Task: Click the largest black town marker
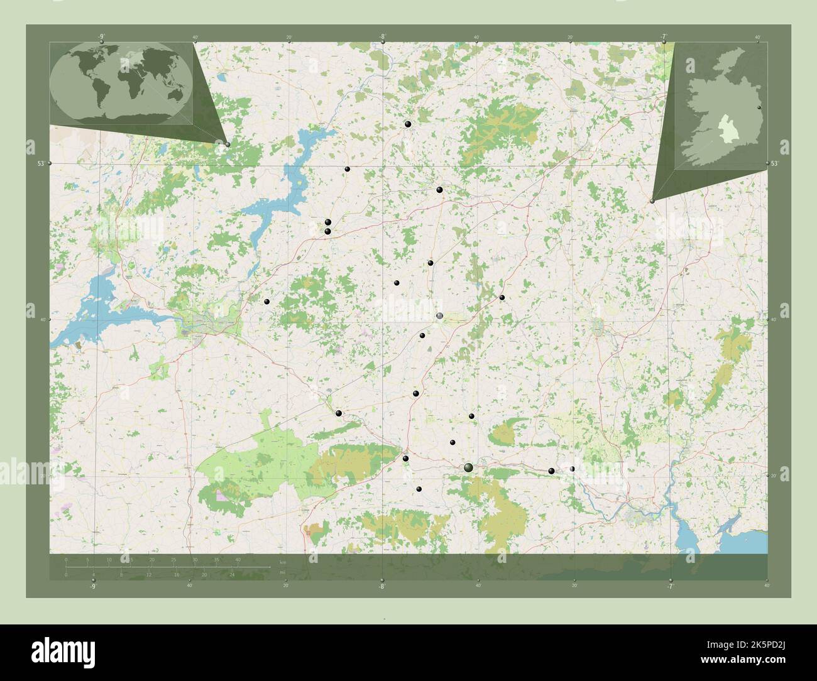pyautogui.click(x=468, y=467)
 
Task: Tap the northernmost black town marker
pyautogui.click(x=409, y=124)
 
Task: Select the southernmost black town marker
pyautogui.click(x=419, y=489)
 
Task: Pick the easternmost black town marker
pyautogui.click(x=572, y=469)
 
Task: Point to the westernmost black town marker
pyautogui.click(x=267, y=302)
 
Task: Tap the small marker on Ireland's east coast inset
pyautogui.click(x=759, y=108)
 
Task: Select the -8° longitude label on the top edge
pyautogui.click(x=382, y=36)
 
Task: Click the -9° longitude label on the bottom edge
pyautogui.click(x=93, y=586)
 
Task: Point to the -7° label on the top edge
pyautogui.click(x=664, y=36)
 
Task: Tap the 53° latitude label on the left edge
pyautogui.click(x=40, y=163)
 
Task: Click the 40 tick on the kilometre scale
pyautogui.click(x=238, y=559)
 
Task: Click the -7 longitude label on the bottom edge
pyautogui.click(x=670, y=586)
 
